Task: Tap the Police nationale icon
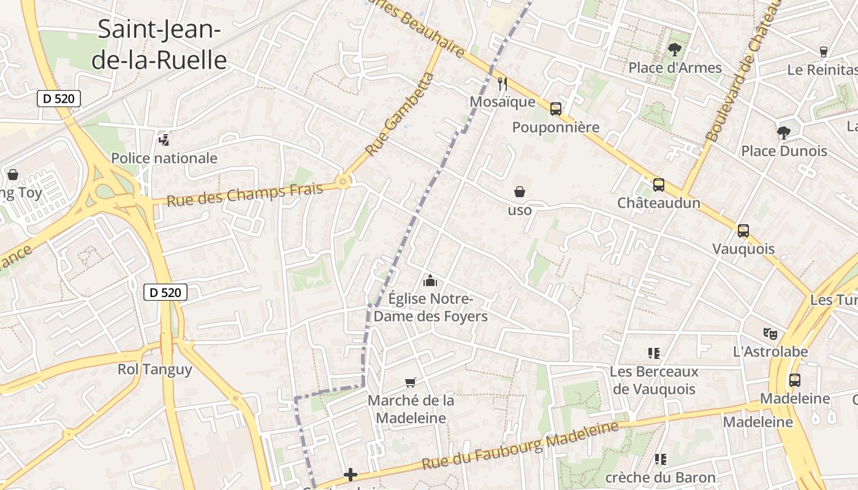164,140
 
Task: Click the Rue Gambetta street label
399,115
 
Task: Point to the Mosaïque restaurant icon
503,84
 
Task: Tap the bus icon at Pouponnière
556,109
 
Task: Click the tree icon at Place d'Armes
675,50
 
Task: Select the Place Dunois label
784,151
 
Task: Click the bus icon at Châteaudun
659,184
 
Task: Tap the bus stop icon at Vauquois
743,231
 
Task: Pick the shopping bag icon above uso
520,192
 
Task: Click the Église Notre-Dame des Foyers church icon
430,281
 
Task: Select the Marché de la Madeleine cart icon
411,382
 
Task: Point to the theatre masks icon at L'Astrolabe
770,334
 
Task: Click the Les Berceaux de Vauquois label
654,380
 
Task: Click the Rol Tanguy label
155,369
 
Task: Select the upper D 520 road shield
59,98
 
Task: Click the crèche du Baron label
660,477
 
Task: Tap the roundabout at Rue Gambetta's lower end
343,181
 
